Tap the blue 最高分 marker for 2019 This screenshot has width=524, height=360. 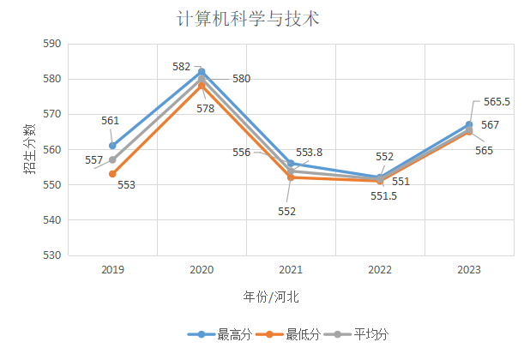click(112, 146)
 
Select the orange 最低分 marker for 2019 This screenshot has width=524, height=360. click(112, 174)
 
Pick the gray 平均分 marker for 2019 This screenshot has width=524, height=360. click(112, 159)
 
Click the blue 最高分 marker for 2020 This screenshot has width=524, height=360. click(202, 71)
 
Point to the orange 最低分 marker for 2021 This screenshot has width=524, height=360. click(291, 177)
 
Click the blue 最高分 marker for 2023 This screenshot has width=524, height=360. click(469, 124)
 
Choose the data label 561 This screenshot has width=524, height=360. click(110, 121)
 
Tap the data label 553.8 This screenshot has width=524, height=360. click(310, 153)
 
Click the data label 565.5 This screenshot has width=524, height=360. click(497, 102)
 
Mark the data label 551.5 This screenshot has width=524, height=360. click(383, 196)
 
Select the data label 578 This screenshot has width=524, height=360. click(205, 109)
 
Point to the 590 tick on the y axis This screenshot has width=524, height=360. click(52, 44)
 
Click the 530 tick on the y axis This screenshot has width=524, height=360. click(52, 255)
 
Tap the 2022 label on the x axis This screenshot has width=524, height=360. click(380, 270)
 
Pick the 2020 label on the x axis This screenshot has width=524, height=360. click(202, 270)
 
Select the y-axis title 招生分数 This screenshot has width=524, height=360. click(29, 149)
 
